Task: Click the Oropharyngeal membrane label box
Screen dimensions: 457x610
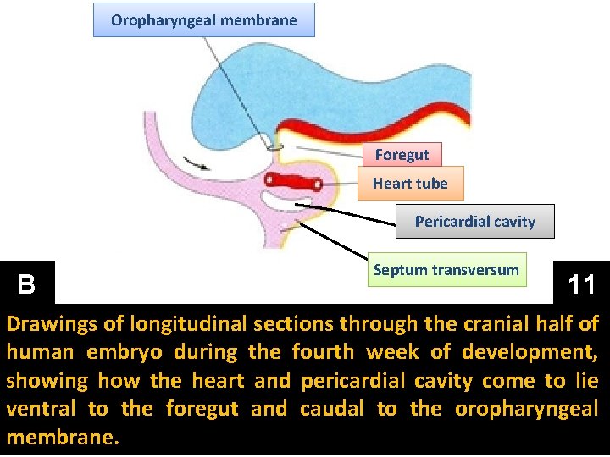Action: [x=203, y=20]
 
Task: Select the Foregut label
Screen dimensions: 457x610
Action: [x=402, y=154]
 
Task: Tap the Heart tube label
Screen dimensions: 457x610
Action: [x=410, y=183]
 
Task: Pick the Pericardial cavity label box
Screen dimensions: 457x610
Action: [x=475, y=222]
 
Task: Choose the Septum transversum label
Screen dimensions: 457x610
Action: [x=446, y=270]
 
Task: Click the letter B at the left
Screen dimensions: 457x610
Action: [x=26, y=284]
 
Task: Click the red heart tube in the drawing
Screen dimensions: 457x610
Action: [x=293, y=181]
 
